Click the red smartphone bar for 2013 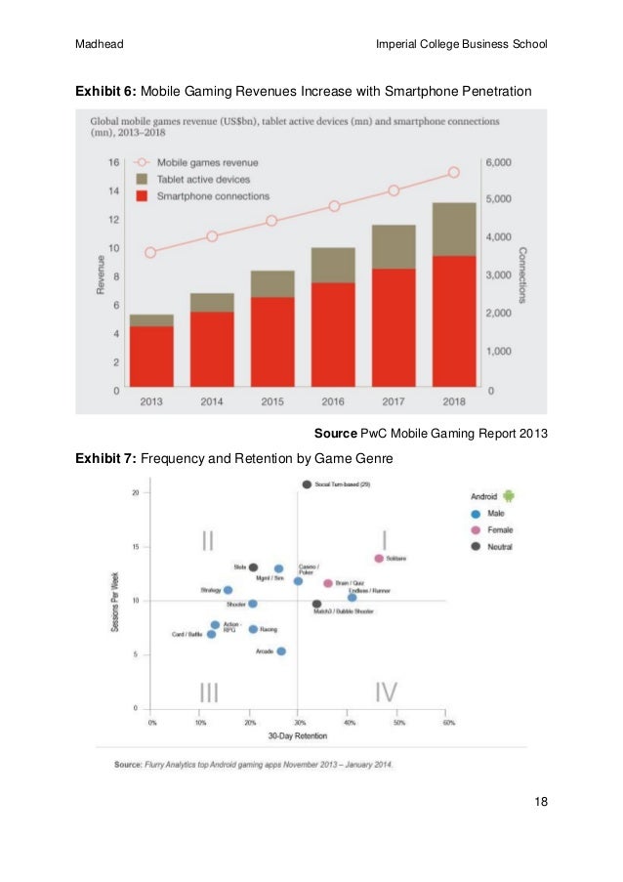coord(151,357)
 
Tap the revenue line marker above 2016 coord(334,206)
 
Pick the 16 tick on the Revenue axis coord(114,162)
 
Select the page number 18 coord(540,802)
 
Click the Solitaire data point coord(379,559)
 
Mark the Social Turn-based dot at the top coord(307,484)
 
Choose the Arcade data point coord(281,651)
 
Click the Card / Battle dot coord(211,634)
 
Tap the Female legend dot coord(476,529)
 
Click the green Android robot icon coord(508,496)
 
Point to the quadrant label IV coord(386,692)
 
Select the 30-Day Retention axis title coord(297,735)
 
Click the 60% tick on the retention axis coord(448,724)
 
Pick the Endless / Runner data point coord(353,597)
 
